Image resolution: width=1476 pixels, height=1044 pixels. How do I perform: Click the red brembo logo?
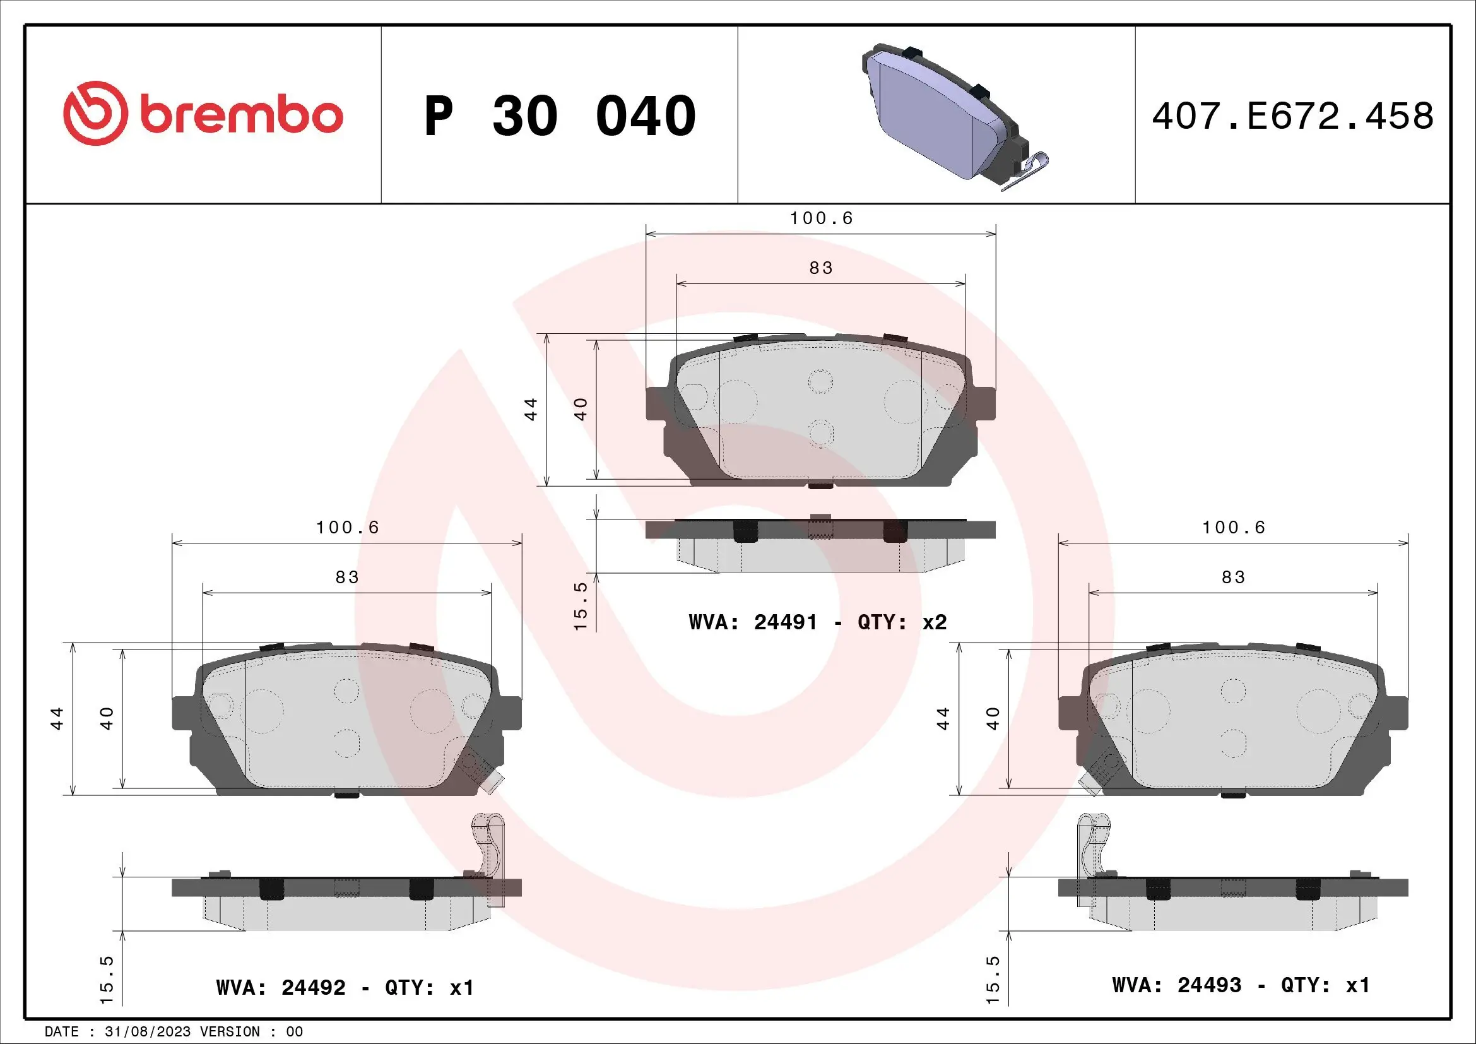[x=203, y=114]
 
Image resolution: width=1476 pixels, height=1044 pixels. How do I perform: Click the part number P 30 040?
[x=559, y=116]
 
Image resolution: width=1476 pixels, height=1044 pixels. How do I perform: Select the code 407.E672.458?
[x=1292, y=116]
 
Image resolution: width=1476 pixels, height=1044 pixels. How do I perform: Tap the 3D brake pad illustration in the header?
[x=945, y=116]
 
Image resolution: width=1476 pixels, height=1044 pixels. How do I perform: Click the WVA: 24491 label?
[x=753, y=622]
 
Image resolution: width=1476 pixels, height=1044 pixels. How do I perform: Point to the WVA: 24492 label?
[x=281, y=987]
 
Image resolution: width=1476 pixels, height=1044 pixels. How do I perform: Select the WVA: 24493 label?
[x=1176, y=985]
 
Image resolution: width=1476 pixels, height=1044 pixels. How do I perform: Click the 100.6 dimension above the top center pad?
[x=821, y=218]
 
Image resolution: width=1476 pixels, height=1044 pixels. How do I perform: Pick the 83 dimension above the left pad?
[x=346, y=578]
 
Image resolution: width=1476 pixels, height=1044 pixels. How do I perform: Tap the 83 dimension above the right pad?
[x=1233, y=578]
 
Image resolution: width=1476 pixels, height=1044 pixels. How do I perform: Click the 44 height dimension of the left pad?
[x=57, y=718]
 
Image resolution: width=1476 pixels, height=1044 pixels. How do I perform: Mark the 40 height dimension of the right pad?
[x=993, y=718]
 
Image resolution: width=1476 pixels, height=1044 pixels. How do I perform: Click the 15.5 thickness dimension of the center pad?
[x=580, y=606]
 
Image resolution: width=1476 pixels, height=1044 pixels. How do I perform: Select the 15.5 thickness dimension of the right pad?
[x=993, y=980]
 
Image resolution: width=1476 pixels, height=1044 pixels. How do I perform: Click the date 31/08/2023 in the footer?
[x=147, y=1032]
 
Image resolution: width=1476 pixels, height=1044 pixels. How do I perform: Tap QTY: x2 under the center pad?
[x=902, y=622]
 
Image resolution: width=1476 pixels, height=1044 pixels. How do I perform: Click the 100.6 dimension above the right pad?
[x=1233, y=528]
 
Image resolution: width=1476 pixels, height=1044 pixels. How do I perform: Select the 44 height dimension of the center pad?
[x=531, y=409]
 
